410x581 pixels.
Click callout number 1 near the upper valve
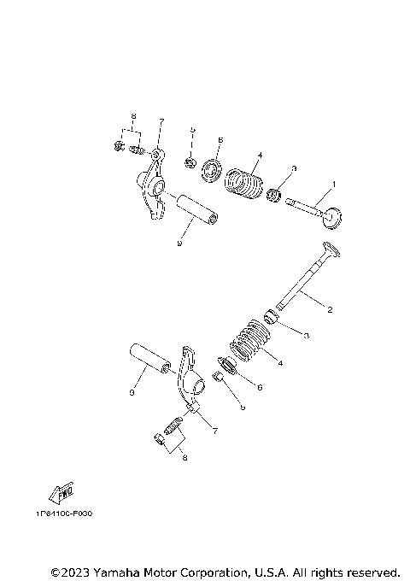[x=334, y=184]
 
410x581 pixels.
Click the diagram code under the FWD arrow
[x=64, y=514]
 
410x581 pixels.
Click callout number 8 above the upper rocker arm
[x=133, y=115]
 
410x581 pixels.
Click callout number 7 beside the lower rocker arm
[x=214, y=431]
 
